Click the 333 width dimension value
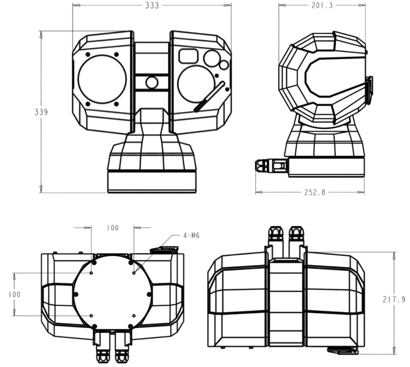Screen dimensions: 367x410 pyautogui.click(x=152, y=5)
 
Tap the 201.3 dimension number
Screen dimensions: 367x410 pyautogui.click(x=322, y=5)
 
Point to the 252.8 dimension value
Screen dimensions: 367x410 pyautogui.click(x=311, y=193)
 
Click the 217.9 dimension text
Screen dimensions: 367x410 pyautogui.click(x=393, y=299)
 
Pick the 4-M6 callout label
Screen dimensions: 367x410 pyautogui.click(x=191, y=236)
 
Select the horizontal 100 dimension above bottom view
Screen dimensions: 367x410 pyautogui.click(x=112, y=228)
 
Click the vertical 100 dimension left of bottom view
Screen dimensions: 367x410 pyautogui.click(x=14, y=294)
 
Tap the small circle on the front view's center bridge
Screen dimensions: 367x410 pyautogui.click(x=152, y=82)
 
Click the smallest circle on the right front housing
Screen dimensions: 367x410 pyautogui.click(x=224, y=65)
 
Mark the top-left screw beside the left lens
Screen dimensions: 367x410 pyautogui.click(x=88, y=54)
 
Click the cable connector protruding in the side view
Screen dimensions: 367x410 pyautogui.click(x=271, y=167)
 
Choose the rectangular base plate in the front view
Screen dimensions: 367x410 pyautogui.click(x=152, y=181)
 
